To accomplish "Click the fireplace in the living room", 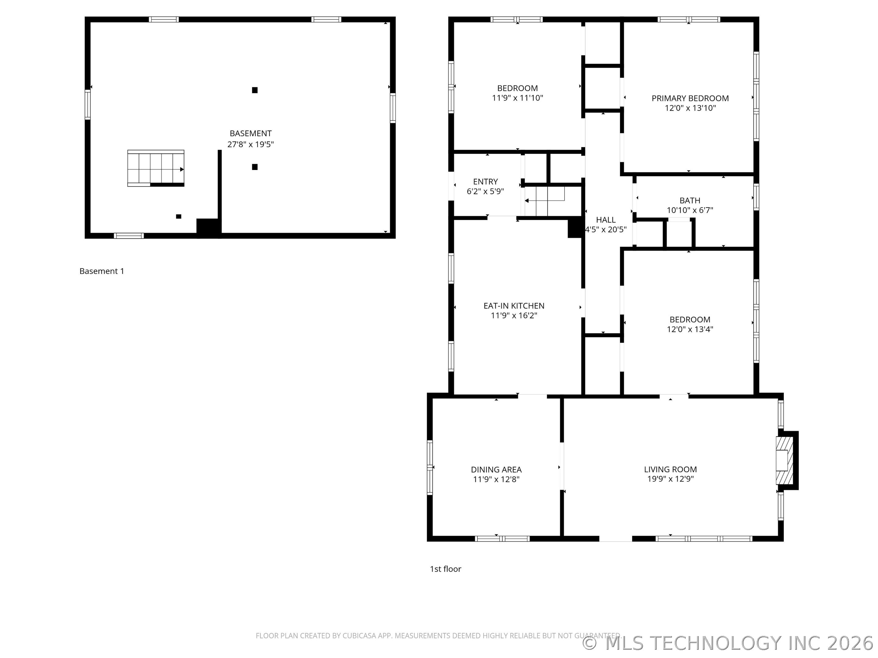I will [784, 460].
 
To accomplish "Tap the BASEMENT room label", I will [251, 134].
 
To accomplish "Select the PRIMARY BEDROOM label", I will [690, 98].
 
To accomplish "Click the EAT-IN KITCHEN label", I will [514, 306].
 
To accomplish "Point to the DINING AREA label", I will [496, 470].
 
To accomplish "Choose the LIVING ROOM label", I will [670, 469].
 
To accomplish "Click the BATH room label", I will [690, 201].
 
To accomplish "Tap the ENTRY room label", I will [485, 182].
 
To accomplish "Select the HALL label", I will [605, 220].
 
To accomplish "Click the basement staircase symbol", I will [155, 168].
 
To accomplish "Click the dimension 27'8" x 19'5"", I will [251, 144].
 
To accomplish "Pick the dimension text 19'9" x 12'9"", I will [670, 479].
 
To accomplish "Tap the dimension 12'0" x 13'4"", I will [690, 329].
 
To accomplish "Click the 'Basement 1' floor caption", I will [102, 271].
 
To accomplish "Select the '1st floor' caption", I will [445, 569].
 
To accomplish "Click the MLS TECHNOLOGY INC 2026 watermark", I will [729, 643].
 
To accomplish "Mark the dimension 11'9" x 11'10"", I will [517, 98].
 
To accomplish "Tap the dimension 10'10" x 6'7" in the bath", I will [690, 210].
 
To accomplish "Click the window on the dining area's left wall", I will [430, 467].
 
